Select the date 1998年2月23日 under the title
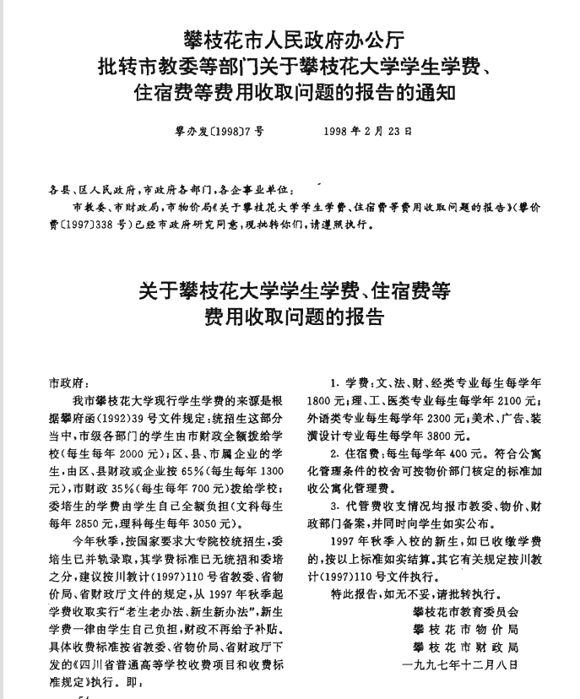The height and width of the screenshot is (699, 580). tap(369, 133)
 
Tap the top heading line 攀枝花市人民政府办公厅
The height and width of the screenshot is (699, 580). tap(290, 38)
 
